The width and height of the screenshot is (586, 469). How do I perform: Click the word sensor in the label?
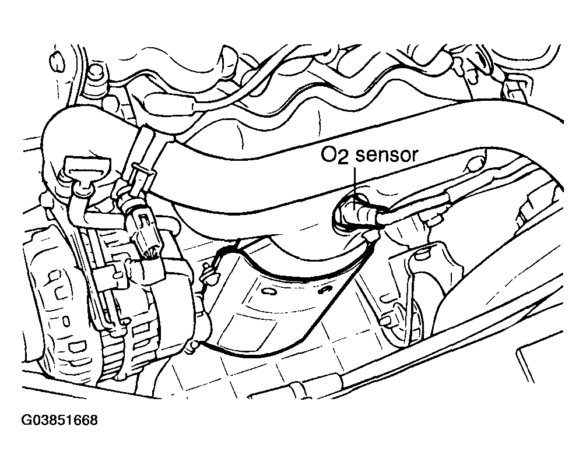pyautogui.click(x=388, y=156)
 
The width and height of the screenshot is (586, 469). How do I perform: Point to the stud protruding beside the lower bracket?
pyautogui.click(x=386, y=320)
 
